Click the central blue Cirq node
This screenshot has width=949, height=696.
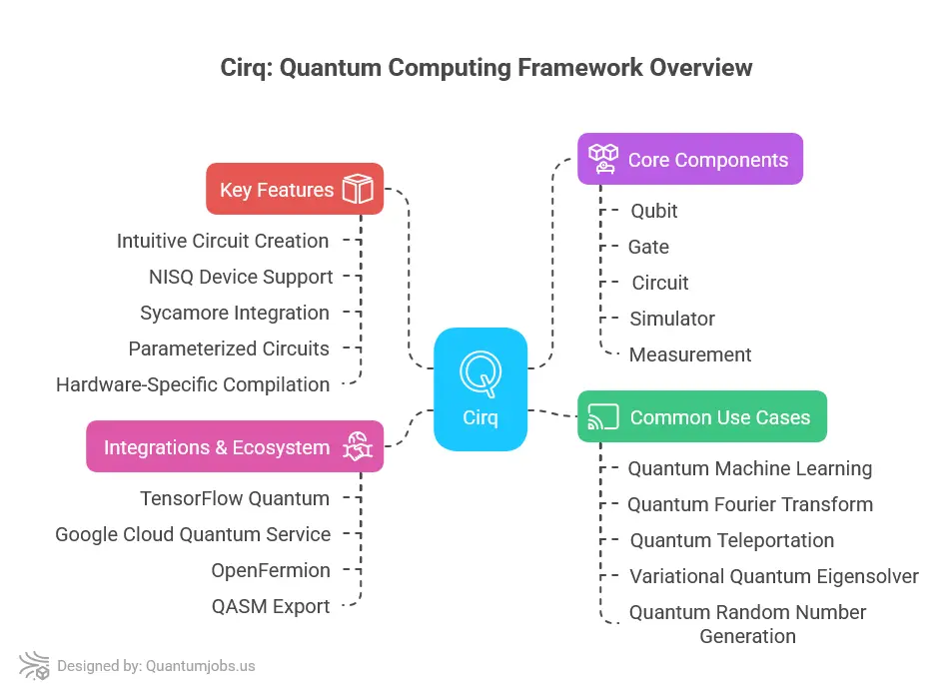coord(480,389)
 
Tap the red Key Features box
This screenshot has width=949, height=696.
coord(295,189)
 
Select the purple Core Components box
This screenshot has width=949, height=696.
coord(690,159)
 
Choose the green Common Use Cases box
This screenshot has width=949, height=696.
coord(702,417)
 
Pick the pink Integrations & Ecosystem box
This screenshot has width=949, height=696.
coord(235,446)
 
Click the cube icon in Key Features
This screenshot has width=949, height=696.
coord(357,189)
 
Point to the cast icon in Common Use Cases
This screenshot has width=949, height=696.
coord(603,417)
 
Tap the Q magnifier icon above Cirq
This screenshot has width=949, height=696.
coord(480,372)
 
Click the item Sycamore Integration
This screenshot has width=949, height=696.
coord(235,313)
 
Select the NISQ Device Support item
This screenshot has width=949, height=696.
coord(241,277)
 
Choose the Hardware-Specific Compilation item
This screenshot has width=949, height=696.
coord(193,384)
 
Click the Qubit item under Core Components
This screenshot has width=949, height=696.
coord(654,211)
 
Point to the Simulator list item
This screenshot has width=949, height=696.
coord(672,319)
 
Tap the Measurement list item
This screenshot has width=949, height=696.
coord(690,354)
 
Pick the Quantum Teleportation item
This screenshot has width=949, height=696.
coord(732,540)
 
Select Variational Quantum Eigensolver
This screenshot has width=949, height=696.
coord(774,576)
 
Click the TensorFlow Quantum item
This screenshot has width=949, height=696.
coord(235,498)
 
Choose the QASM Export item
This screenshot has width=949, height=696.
coord(271,606)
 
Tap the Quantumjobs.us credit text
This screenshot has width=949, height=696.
coord(201,666)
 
